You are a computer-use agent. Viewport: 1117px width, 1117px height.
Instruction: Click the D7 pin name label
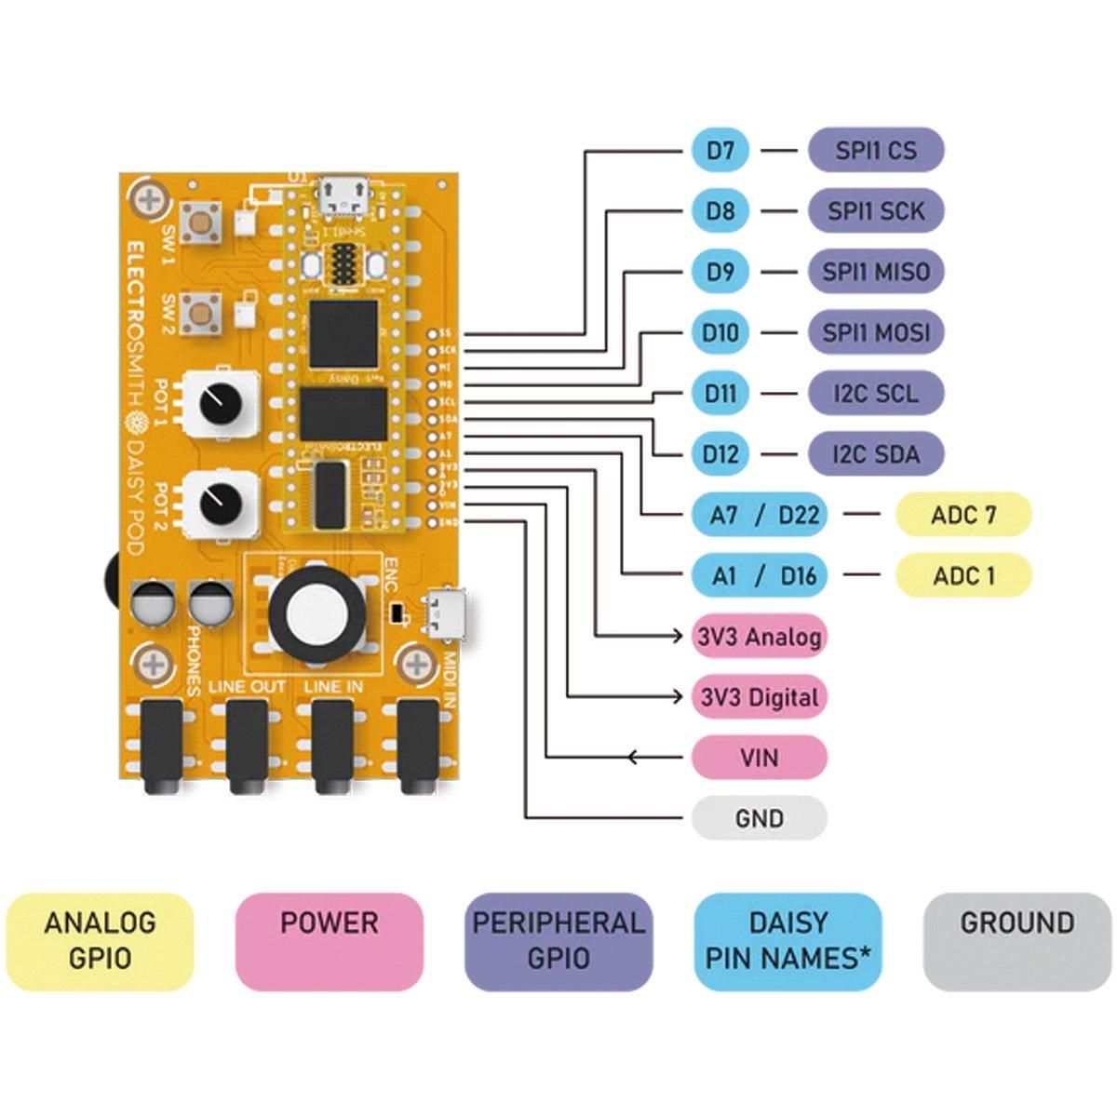coord(720,150)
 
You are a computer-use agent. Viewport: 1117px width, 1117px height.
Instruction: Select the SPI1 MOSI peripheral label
coord(876,332)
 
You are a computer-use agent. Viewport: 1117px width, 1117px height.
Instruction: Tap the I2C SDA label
coord(876,453)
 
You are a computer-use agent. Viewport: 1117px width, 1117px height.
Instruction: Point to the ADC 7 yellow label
coord(963,515)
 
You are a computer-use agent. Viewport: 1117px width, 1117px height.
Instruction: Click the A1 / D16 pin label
coord(760,575)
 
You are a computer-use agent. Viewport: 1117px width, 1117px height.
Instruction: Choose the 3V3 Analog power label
coord(760,637)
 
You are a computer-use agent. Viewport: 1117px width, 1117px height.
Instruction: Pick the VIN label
coord(760,758)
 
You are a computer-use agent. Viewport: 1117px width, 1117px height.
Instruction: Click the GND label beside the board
coord(760,819)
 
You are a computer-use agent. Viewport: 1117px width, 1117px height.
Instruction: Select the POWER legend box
coord(330,941)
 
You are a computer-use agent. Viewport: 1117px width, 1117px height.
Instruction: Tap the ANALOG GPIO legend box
coord(100,941)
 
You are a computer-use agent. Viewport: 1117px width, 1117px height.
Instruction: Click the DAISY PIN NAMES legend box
coord(788,941)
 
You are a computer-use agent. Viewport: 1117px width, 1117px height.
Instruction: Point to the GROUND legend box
coord(1017,941)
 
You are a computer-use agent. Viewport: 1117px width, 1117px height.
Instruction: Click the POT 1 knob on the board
coord(221,402)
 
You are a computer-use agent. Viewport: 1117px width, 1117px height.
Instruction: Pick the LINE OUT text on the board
coord(248,687)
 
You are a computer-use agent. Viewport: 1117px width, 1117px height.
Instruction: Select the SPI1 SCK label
coord(876,210)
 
